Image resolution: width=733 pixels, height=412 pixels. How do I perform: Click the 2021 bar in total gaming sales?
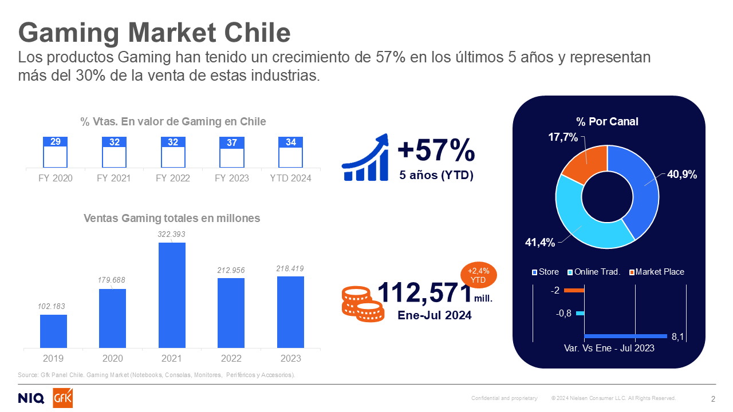[172, 295]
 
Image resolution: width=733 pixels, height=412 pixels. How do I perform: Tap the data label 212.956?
[231, 268]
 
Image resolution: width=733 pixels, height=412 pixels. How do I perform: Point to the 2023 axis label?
[290, 359]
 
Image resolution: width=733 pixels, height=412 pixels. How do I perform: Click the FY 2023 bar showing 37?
[232, 152]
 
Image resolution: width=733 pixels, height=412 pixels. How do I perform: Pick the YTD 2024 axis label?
[290, 178]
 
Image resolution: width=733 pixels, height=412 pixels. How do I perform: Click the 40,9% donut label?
[681, 175]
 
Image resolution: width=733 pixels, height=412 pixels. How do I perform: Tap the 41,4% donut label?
[540, 243]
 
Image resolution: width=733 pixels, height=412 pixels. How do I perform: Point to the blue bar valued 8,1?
[625, 336]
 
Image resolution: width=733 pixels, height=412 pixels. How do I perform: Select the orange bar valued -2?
[574, 291]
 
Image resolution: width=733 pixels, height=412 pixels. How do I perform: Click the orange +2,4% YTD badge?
[478, 276]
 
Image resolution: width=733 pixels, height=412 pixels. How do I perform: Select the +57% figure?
[436, 150]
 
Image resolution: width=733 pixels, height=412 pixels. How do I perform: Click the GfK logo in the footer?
[62, 398]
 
